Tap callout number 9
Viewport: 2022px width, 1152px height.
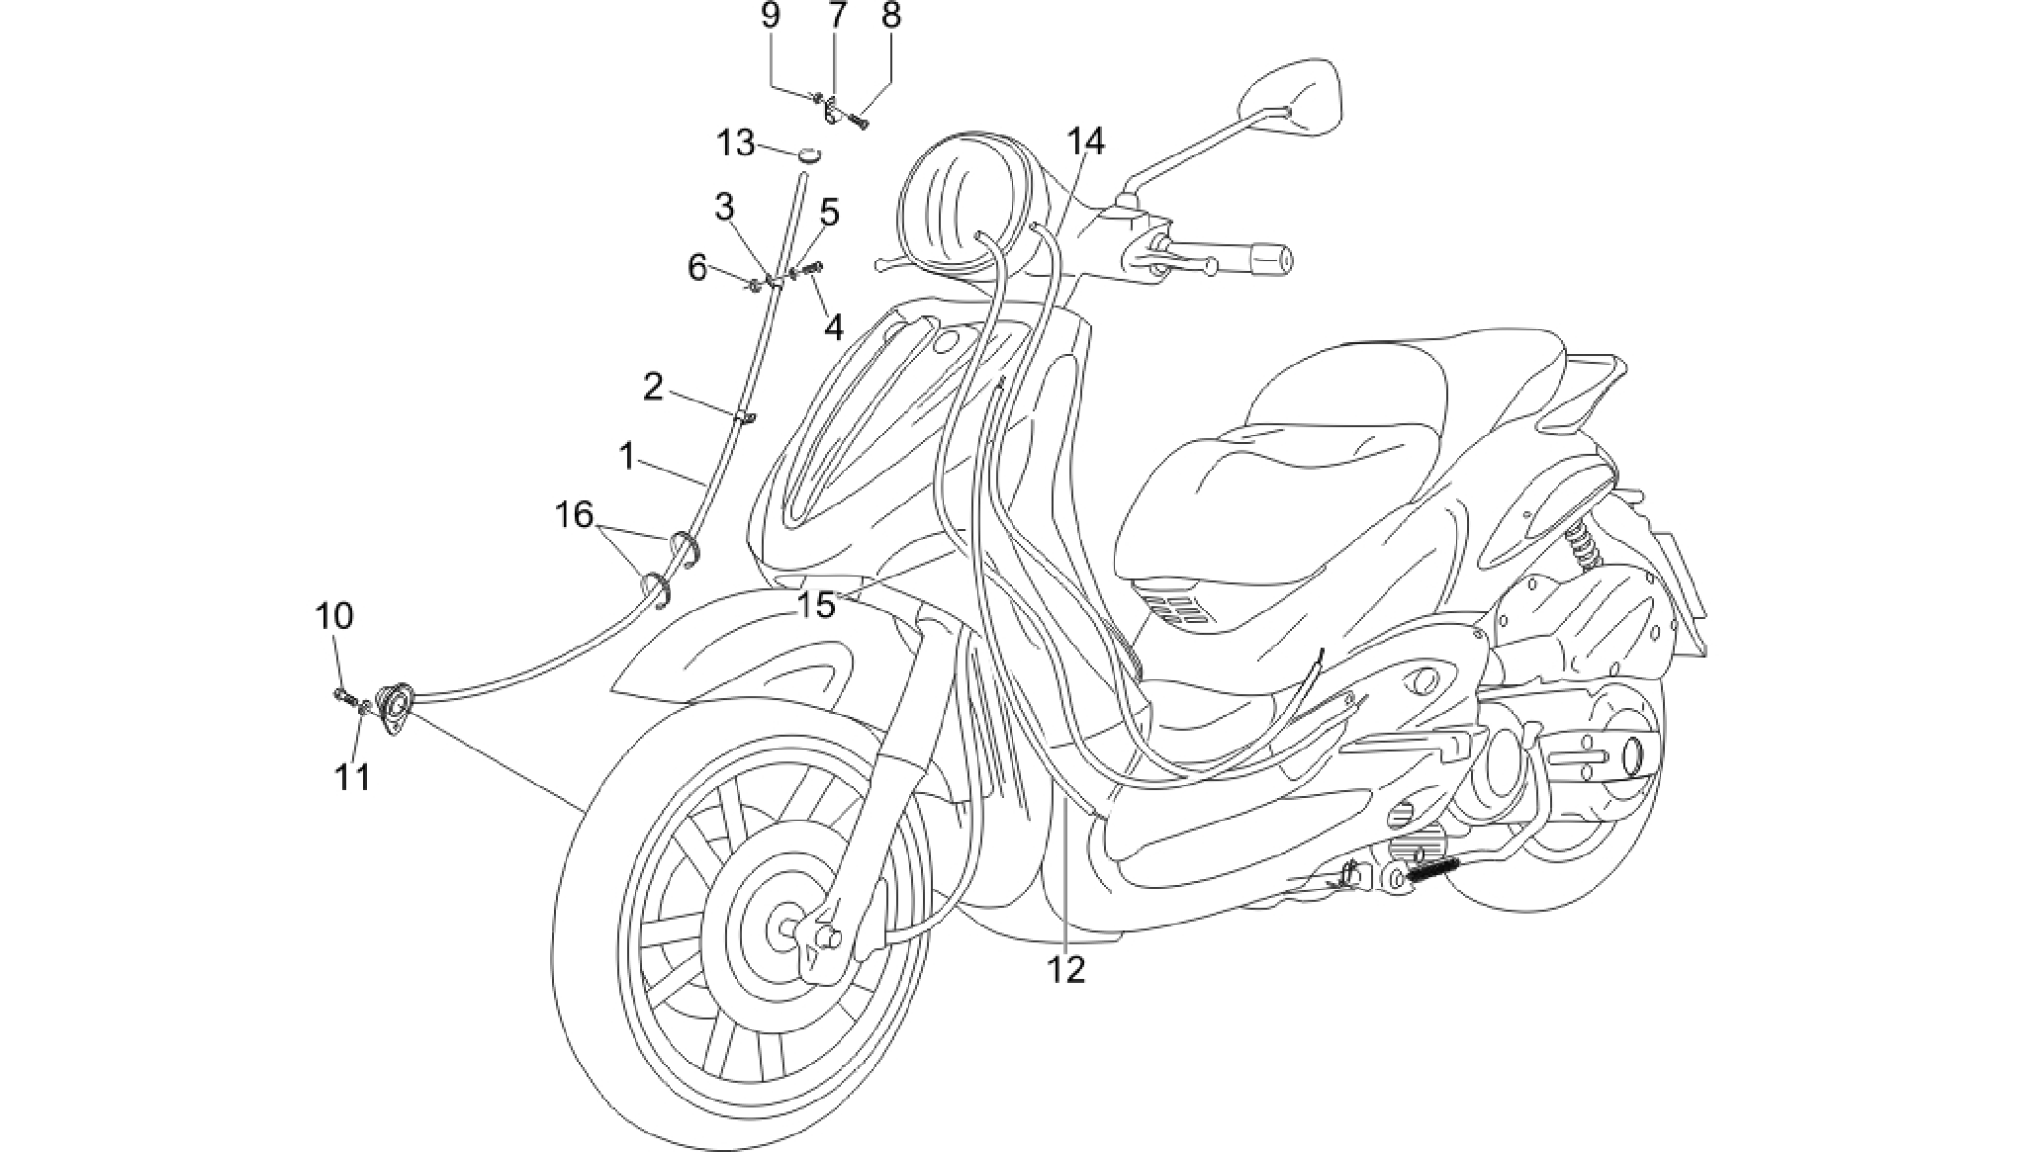point(771,16)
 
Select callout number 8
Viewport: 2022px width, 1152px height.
point(891,16)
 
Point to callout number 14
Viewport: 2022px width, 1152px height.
point(1085,141)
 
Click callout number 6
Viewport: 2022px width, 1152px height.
point(697,267)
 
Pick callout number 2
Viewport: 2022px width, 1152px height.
point(653,387)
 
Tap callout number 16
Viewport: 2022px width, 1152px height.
point(574,514)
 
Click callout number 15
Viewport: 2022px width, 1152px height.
point(818,605)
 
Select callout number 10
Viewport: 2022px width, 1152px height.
point(334,616)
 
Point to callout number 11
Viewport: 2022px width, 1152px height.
point(352,777)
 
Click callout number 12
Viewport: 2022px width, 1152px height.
point(1067,970)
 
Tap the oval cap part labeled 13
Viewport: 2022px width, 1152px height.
point(810,153)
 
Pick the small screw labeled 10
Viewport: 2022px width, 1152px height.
point(345,695)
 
